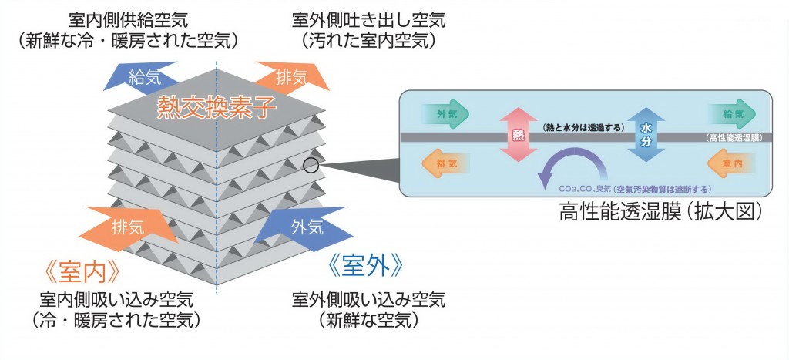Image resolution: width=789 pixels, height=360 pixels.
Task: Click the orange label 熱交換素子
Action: click(x=217, y=106)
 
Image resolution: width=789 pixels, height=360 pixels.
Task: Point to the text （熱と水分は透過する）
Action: click(x=583, y=127)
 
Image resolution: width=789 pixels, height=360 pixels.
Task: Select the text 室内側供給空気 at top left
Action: click(x=129, y=16)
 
